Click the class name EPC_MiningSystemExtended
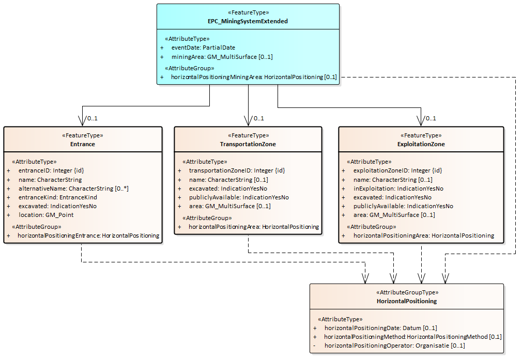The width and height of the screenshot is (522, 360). click(248, 21)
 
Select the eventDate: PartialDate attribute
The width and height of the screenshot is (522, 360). click(203, 48)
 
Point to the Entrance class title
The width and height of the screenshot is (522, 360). click(83, 144)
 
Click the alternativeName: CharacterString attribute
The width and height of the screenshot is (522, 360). click(73, 189)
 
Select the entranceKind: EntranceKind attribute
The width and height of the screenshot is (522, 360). click(58, 197)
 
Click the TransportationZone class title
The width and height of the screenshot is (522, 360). click(248, 144)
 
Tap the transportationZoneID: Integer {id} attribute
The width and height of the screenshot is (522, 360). click(237, 170)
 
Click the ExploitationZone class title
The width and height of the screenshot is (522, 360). click(421, 144)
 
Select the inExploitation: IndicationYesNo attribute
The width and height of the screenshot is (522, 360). click(398, 189)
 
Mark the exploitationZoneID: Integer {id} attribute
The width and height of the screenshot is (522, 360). click(397, 170)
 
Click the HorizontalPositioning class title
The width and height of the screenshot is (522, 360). click(407, 301)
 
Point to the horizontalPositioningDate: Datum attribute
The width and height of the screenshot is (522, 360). click(380, 328)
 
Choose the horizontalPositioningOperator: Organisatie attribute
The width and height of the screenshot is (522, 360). click(395, 346)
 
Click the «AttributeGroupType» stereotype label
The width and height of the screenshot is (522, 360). click(407, 292)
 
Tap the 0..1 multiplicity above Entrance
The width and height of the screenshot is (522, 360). click(92, 118)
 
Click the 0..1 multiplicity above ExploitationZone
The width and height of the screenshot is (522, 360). click(430, 118)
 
